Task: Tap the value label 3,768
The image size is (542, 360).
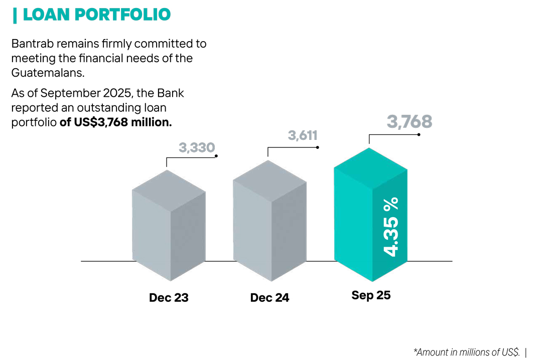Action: tap(410, 122)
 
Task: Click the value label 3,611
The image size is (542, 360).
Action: tap(303, 135)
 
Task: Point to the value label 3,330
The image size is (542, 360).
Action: tap(197, 147)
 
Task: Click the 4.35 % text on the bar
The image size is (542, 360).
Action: tap(390, 227)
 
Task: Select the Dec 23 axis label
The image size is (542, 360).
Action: tap(169, 297)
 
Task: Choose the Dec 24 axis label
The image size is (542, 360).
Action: tap(269, 297)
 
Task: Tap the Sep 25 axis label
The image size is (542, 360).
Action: tap(371, 295)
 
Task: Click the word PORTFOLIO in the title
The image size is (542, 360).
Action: tap(123, 15)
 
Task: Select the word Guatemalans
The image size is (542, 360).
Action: tap(48, 72)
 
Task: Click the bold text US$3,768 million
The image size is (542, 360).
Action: tap(115, 122)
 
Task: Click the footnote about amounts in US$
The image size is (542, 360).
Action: tap(466, 352)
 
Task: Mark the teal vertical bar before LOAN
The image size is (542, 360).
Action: tap(15, 16)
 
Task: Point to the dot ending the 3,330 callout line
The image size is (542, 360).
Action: tap(216, 156)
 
